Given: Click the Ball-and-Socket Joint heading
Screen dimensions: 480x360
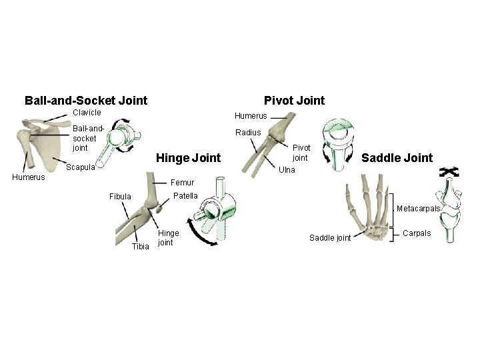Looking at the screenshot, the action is pos(86,101).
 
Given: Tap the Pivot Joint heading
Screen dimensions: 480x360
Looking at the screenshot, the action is pos(294,101).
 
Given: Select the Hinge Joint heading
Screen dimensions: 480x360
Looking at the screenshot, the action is pos(187,158).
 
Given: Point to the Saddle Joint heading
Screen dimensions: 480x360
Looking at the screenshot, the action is pos(397,158).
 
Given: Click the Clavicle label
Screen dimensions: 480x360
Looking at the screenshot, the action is pos(87,113).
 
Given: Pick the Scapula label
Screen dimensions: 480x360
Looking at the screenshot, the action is pos(80,167).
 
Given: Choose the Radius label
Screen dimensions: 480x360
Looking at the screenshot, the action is pos(247,132).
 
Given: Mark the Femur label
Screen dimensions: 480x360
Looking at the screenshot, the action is pos(183,182).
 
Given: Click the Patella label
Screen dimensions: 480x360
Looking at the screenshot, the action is pos(185,196).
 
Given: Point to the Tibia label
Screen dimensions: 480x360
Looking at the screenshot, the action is pos(141,246).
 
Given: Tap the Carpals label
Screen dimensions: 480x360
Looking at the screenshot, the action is pos(418,233).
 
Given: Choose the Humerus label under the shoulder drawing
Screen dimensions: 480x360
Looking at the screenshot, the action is pos(29,177).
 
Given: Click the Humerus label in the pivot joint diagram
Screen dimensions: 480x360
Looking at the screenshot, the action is pos(251,116).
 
